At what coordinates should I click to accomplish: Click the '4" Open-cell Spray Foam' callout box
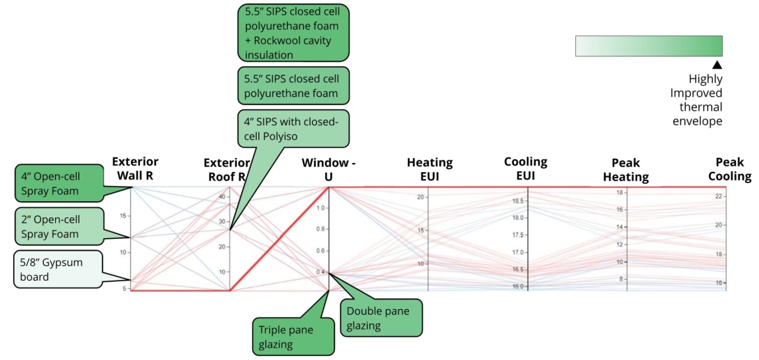click(58, 182)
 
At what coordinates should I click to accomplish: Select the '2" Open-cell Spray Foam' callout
click(58, 225)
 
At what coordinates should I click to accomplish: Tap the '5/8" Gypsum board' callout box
click(58, 268)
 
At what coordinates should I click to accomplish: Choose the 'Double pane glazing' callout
click(382, 318)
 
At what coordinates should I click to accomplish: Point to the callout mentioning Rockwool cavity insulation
click(292, 33)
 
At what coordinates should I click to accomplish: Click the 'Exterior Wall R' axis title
click(135, 169)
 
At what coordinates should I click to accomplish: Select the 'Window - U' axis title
click(329, 170)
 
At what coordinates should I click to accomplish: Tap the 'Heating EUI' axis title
click(429, 169)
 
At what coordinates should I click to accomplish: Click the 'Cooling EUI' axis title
click(526, 169)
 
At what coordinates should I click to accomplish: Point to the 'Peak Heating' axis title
click(625, 171)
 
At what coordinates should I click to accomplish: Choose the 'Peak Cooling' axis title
click(729, 170)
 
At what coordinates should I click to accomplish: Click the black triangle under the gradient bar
click(717, 64)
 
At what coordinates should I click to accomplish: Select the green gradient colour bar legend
click(648, 46)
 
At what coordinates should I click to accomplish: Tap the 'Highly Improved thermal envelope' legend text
click(696, 100)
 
